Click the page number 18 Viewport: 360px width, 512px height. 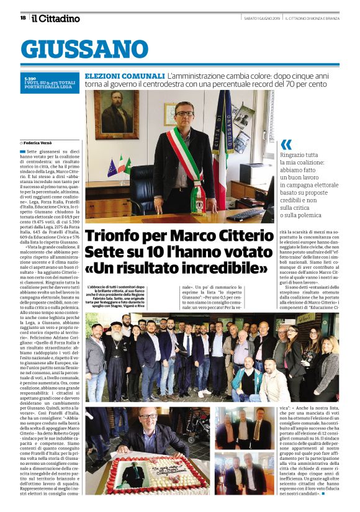point(23,18)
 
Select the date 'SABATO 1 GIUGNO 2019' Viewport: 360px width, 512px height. point(261,18)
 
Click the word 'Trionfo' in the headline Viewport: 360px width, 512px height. point(114,236)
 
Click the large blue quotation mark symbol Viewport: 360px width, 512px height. point(286,145)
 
